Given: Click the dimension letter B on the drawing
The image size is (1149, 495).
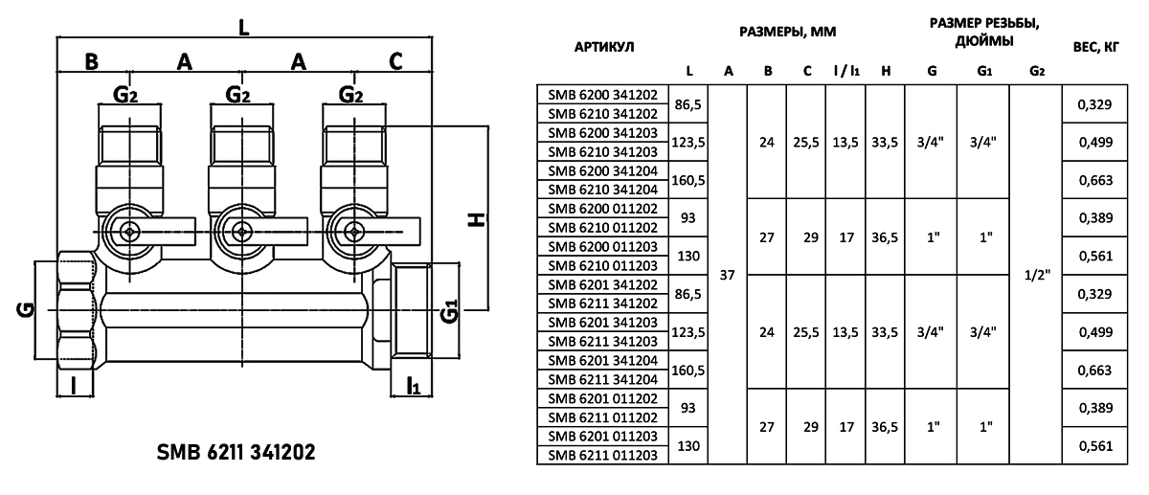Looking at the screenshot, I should point(91,62).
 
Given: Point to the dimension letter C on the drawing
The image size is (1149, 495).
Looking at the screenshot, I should point(395,62).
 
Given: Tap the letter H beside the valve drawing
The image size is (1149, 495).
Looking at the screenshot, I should point(476,219).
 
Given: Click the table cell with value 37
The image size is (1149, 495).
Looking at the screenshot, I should point(728,275).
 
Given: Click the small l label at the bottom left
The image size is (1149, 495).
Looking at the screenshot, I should point(75,387).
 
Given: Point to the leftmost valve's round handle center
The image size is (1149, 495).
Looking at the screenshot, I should point(129,230).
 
